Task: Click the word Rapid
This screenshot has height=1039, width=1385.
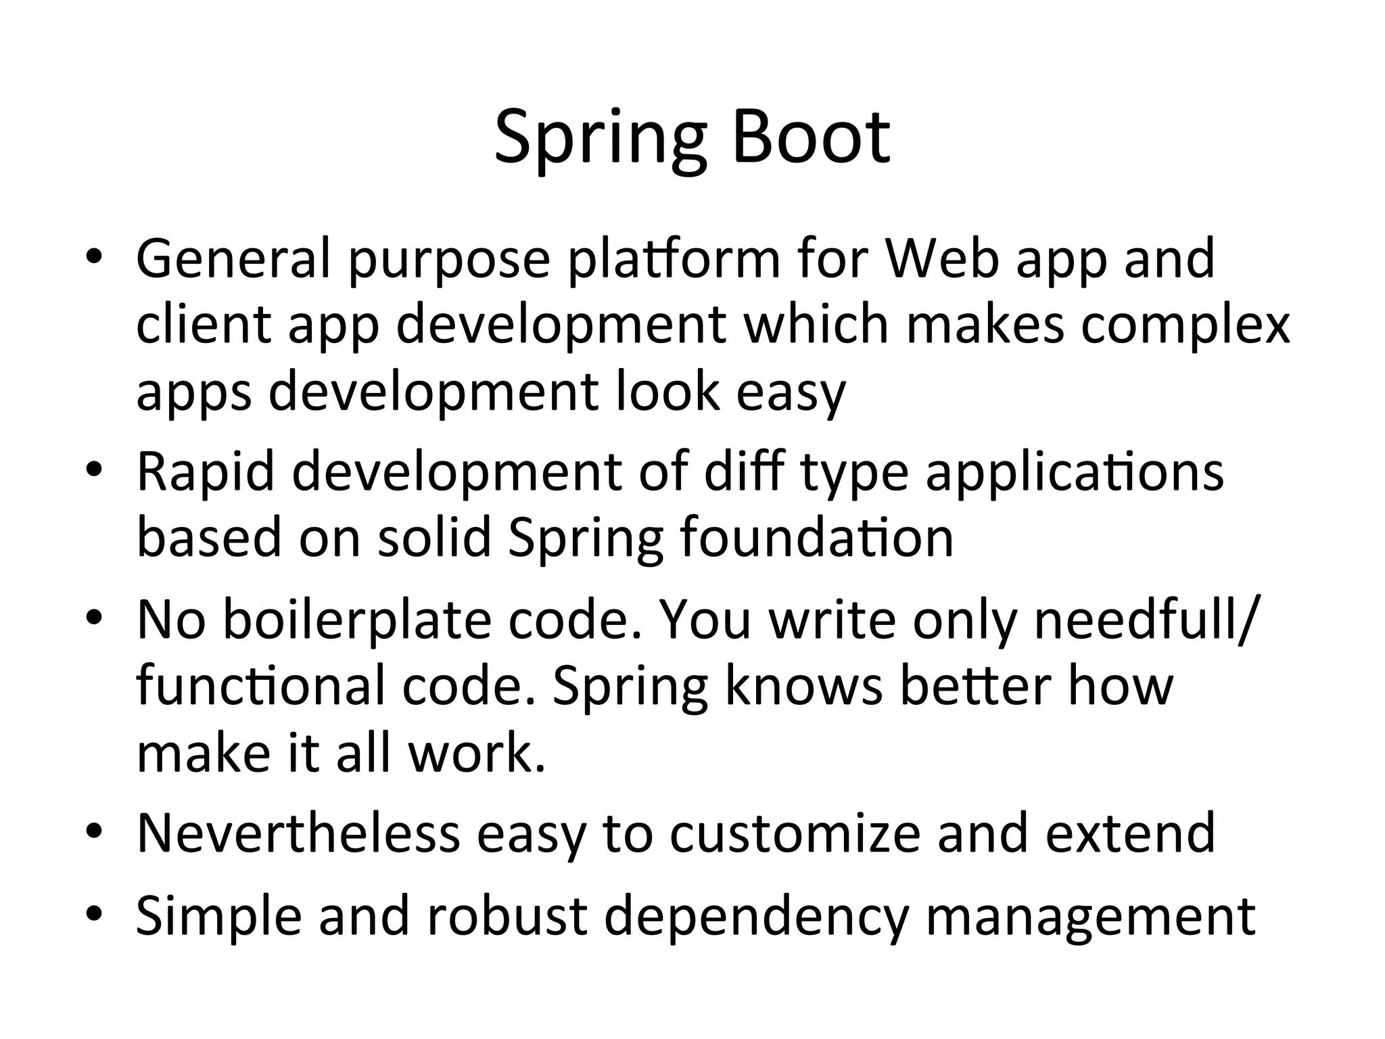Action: click(206, 474)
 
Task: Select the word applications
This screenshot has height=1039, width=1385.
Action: click(1075, 474)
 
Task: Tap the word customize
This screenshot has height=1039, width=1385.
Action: click(795, 834)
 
